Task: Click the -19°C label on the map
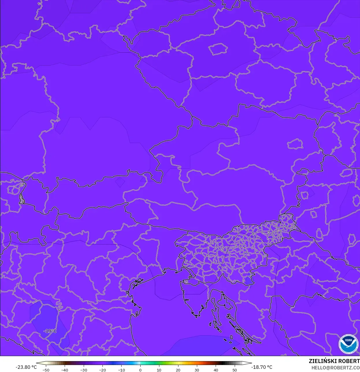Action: pyautogui.click(x=50, y=331)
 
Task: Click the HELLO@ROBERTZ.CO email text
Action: pyautogui.click(x=335, y=367)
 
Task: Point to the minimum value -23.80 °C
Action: pyautogui.click(x=26, y=367)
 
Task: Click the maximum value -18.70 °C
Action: pyautogui.click(x=262, y=367)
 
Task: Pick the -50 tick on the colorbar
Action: pyautogui.click(x=46, y=370)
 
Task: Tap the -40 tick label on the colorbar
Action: pyautogui.click(x=65, y=370)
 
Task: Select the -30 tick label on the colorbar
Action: pyautogui.click(x=83, y=370)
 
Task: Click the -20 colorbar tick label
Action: pyautogui.click(x=102, y=370)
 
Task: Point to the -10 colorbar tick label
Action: pyautogui.click(x=121, y=370)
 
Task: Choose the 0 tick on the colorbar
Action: pyautogui.click(x=140, y=370)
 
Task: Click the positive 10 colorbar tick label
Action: pyautogui.click(x=159, y=370)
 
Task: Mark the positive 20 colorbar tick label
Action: pyautogui.click(x=178, y=370)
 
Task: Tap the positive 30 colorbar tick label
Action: pyautogui.click(x=197, y=370)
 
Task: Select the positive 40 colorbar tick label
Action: pyautogui.click(x=216, y=370)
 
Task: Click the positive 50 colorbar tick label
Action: pyautogui.click(x=235, y=370)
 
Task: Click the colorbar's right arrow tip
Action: pyautogui.click(x=251, y=363)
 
